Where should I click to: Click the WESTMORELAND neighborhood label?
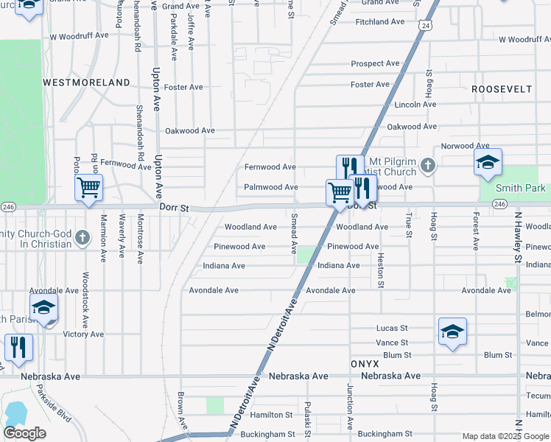click(x=87, y=83)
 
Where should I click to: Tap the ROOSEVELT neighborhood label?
click(x=502, y=89)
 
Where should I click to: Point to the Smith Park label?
click(x=520, y=188)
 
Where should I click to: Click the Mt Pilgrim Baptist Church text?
click(x=403, y=166)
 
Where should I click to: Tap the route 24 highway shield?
click(x=425, y=26)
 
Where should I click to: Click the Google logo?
click(x=25, y=433)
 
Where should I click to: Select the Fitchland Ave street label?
click(x=380, y=22)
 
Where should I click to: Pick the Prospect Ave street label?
click(x=376, y=64)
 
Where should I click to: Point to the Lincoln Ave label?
click(x=416, y=105)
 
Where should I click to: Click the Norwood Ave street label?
click(x=465, y=147)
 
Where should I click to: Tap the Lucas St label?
click(x=392, y=329)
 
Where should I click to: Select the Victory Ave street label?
click(x=83, y=334)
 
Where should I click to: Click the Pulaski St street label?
click(x=306, y=417)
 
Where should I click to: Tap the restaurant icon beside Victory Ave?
click(x=18, y=347)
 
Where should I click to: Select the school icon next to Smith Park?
click(x=488, y=164)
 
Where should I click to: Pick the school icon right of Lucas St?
click(x=452, y=331)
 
